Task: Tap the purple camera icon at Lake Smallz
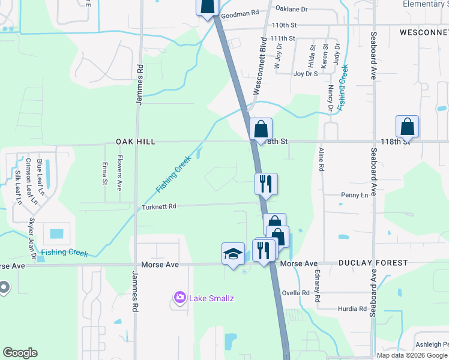[179, 297]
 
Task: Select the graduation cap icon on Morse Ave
[233, 253]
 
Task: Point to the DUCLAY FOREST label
[373, 263]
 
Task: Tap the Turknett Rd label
[158, 206]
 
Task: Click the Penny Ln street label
[354, 195]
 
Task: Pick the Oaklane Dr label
[291, 9]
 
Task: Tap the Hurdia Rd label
[352, 309]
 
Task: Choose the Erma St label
[105, 173]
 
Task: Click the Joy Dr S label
[306, 74]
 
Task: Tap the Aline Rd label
[321, 160]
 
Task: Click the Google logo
[20, 353]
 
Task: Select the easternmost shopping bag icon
[407, 127]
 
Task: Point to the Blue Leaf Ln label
[40, 178]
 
